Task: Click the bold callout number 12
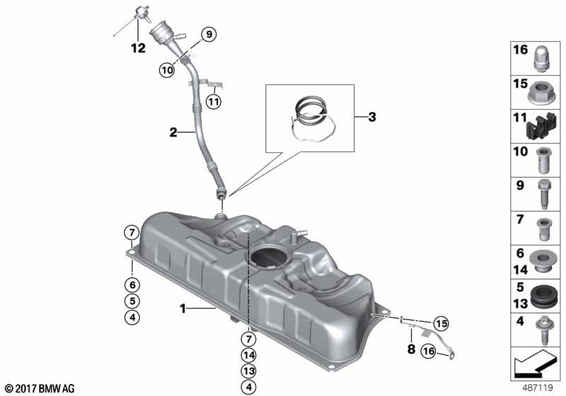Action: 137,48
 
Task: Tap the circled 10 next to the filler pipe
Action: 166,70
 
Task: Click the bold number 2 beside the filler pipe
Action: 172,131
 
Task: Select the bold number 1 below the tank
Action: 183,308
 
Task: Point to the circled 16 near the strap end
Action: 427,351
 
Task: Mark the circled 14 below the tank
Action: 249,355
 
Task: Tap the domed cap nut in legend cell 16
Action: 542,57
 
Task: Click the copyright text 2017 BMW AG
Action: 39,388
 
